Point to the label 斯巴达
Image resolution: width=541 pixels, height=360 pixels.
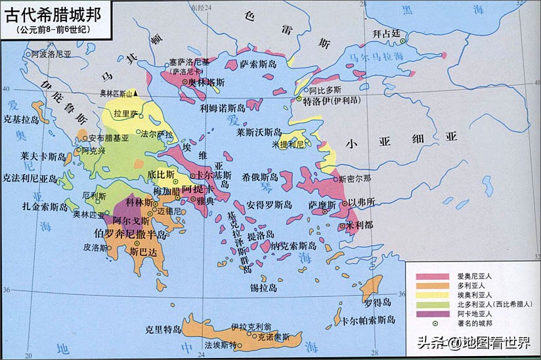point(144,252)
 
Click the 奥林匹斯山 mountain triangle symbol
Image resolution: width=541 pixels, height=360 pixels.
point(135,95)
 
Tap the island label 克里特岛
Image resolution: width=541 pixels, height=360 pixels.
point(162,329)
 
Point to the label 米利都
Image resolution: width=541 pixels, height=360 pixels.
point(359,225)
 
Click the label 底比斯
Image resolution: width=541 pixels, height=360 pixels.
point(161,175)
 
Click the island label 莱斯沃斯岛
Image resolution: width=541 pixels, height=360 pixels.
point(259,132)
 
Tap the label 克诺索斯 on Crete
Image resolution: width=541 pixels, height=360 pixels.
point(273,337)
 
